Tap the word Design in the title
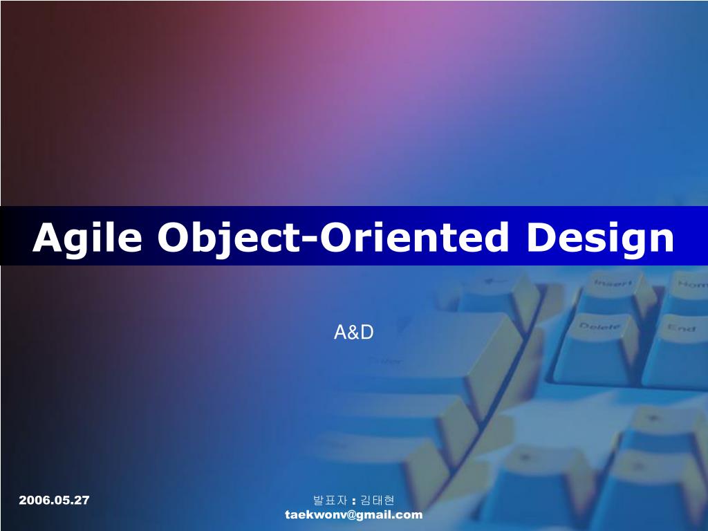click(x=600, y=238)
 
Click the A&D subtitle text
click(x=354, y=333)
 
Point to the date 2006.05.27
click(x=54, y=500)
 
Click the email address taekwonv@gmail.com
click(x=353, y=514)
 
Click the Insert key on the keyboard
click(x=613, y=283)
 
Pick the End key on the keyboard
click(x=680, y=328)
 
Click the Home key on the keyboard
click(x=691, y=284)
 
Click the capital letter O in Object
click(x=174, y=238)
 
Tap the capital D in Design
click(x=542, y=238)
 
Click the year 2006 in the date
click(x=31, y=500)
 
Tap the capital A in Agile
click(x=47, y=238)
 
